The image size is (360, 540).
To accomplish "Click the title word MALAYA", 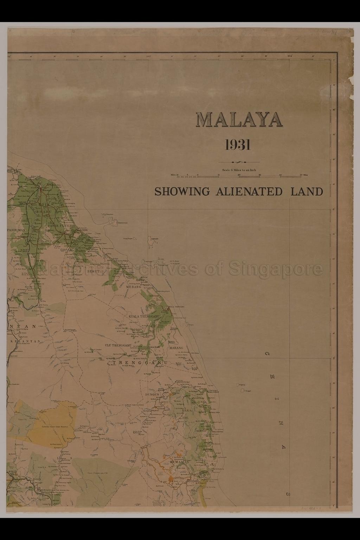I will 239,121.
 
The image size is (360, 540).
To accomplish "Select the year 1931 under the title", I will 238,144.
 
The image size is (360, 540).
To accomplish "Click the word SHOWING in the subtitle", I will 182,192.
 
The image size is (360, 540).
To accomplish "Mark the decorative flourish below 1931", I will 239,162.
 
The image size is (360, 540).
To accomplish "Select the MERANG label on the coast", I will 133,287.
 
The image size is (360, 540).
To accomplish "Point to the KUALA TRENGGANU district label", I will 144,316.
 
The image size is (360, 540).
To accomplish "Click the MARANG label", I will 176,348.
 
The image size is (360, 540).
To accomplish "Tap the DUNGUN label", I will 153,394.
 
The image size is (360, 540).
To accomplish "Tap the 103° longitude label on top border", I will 148,56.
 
